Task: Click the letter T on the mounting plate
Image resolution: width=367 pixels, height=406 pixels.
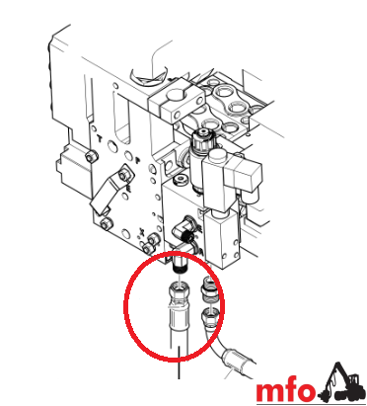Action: coord(100,138)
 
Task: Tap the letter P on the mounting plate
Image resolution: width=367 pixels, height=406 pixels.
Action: coord(138,160)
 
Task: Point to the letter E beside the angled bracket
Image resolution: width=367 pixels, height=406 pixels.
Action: coord(128,188)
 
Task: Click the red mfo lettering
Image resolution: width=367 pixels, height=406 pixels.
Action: coord(285,391)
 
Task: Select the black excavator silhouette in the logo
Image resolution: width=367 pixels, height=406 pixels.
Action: coord(342,381)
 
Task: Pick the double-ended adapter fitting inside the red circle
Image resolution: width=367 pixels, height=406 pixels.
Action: coord(209,288)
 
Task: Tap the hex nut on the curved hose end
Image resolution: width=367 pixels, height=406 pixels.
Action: coord(209,315)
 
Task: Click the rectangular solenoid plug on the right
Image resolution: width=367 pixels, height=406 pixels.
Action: coord(243,176)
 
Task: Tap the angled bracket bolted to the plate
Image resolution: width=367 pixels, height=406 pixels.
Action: coord(110,191)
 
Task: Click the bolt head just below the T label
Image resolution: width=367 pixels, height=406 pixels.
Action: coord(91,157)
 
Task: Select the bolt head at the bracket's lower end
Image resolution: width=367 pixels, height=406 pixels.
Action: coord(107,224)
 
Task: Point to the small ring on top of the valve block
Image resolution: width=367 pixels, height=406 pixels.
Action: coord(181,180)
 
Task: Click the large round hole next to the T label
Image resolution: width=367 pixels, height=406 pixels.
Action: coord(111,146)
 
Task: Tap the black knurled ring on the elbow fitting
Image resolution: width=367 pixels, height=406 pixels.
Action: coord(187,235)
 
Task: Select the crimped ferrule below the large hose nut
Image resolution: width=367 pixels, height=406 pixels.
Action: coord(179,317)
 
